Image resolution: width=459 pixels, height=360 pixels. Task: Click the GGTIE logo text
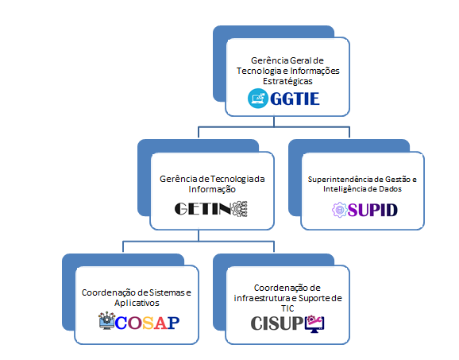[x=295, y=99]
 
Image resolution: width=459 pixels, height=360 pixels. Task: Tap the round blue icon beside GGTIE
[x=258, y=99]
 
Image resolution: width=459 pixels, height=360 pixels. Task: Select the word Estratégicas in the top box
[x=287, y=81]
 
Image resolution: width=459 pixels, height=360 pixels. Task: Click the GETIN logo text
[x=202, y=209]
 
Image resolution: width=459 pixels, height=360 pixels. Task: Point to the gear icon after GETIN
[x=240, y=209]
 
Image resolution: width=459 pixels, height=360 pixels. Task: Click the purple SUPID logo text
[x=372, y=210]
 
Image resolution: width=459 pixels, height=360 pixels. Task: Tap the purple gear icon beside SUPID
[x=340, y=210]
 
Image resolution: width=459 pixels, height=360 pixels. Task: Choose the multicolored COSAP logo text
[x=147, y=323]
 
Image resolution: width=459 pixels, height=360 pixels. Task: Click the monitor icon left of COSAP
[x=106, y=321]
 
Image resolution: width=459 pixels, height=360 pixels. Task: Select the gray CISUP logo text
[x=277, y=323]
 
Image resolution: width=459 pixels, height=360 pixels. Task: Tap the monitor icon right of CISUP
[x=314, y=324]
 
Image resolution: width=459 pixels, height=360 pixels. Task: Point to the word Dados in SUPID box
[x=390, y=189]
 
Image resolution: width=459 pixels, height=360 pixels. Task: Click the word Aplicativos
[x=137, y=303]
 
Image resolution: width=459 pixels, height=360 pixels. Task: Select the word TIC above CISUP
[x=287, y=308]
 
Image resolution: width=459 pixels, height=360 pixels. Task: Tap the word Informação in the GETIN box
[x=212, y=189]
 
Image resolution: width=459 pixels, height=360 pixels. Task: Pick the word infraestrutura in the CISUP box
[x=260, y=298]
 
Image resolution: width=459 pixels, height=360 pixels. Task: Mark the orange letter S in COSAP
[x=148, y=323]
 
